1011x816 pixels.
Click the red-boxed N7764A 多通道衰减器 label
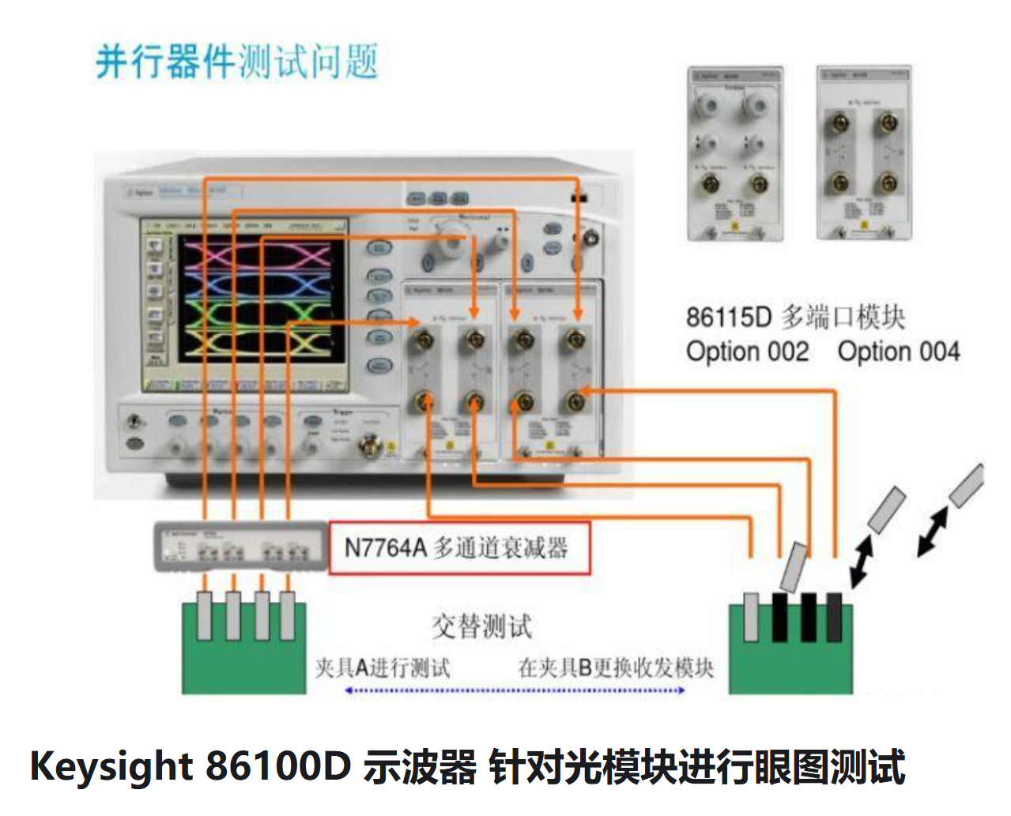pos(458,547)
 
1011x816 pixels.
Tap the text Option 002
pos(747,352)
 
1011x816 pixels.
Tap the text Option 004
pos(899,352)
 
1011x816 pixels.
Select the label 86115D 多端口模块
pos(795,318)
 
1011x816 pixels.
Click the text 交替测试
pos(481,626)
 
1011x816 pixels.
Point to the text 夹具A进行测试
pos(383,668)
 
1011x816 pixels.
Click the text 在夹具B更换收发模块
pos(616,668)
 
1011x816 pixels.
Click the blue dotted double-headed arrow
pos(515,690)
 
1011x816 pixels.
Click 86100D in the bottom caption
pos(277,766)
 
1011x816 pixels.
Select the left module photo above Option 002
pos(735,154)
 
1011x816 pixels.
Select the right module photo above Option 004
pos(864,154)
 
